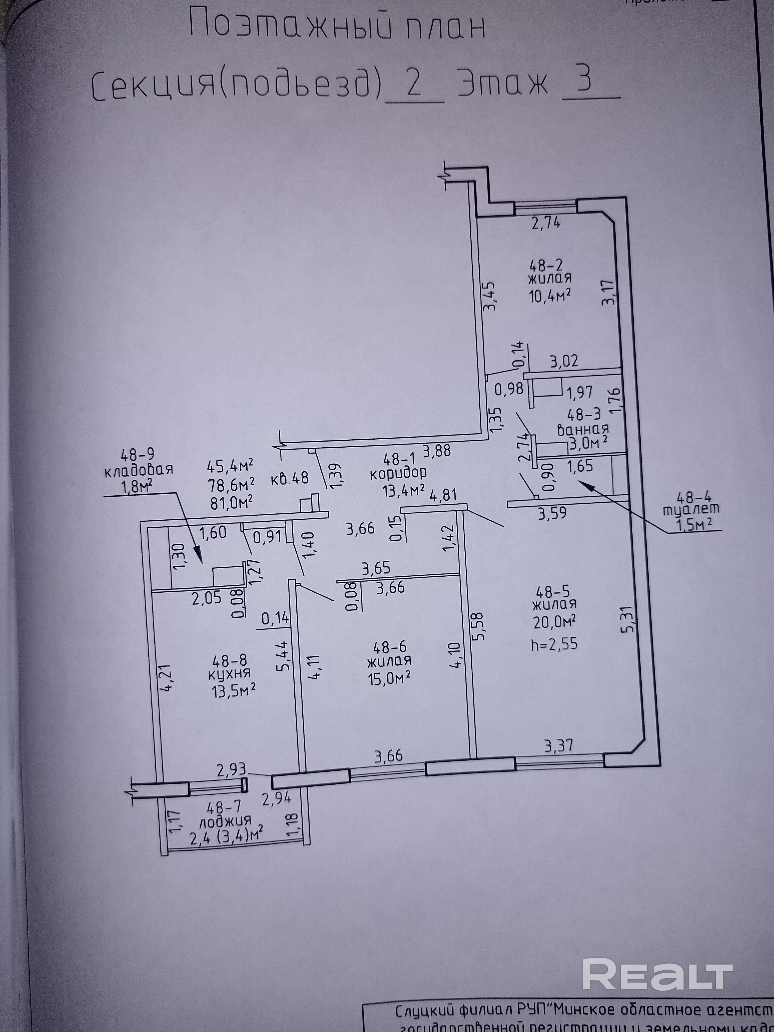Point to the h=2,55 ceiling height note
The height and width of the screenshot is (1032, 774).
[x=554, y=644]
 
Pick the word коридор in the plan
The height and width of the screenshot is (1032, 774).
[x=398, y=473]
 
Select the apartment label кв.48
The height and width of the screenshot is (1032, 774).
[x=290, y=478]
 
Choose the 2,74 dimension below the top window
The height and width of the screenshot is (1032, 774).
[x=546, y=223]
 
